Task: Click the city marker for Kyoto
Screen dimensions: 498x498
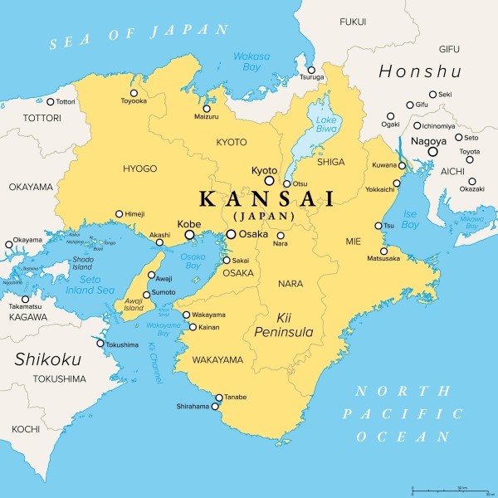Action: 269,180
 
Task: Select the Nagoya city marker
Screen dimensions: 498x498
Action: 432,152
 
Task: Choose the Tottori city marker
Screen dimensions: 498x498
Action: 50,102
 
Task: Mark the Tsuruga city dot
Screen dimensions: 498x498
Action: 310,70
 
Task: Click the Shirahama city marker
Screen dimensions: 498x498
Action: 216,407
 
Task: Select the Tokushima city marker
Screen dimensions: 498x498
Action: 100,344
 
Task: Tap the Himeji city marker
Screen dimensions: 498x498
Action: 119,213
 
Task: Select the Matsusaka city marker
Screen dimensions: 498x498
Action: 383,251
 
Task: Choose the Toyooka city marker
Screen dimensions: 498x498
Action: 134,93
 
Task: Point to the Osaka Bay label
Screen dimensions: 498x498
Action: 193,261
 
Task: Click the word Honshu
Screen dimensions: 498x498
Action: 419,71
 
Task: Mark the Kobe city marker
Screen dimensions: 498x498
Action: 190,235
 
